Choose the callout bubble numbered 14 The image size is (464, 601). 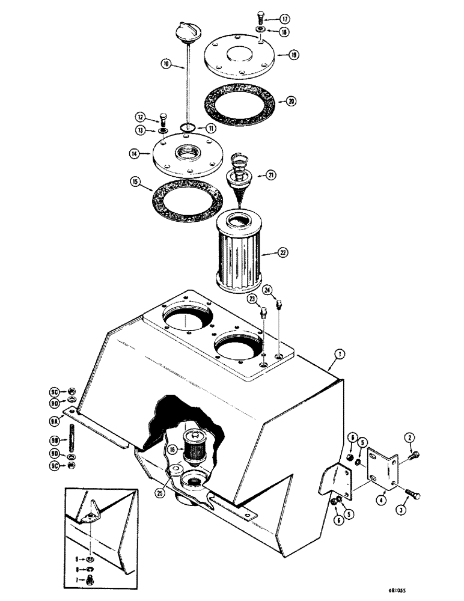(x=135, y=154)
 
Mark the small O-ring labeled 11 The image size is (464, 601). (x=187, y=127)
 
